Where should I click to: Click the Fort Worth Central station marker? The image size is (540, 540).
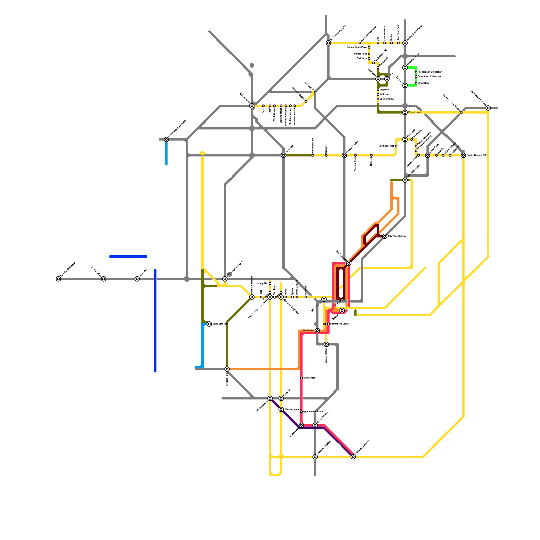(58, 279)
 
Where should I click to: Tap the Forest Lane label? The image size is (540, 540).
(414, 112)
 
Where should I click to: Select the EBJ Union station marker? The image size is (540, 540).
(317, 331)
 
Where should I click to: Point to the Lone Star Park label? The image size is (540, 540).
(220, 324)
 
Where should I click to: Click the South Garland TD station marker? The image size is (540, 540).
(464, 155)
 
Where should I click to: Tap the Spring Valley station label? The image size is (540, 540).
(386, 99)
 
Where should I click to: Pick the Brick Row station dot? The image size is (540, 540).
(416, 83)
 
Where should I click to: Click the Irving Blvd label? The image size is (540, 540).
(262, 283)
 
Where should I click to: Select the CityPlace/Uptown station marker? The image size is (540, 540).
(385, 236)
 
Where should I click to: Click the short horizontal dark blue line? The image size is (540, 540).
(128, 256)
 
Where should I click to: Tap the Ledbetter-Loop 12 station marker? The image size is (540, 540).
(353, 457)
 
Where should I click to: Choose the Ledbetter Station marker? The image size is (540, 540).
(315, 457)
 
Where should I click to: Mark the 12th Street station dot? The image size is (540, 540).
(301, 378)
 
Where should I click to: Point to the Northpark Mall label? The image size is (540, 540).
(386, 146)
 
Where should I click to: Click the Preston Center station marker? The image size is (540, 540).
(344, 155)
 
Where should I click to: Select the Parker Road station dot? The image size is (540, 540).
(369, 54)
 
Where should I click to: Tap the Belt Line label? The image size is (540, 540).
(384, 94)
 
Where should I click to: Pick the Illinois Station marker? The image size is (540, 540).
(315, 425)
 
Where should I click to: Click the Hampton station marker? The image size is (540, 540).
(281, 399)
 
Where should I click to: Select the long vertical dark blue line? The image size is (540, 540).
(155, 321)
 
